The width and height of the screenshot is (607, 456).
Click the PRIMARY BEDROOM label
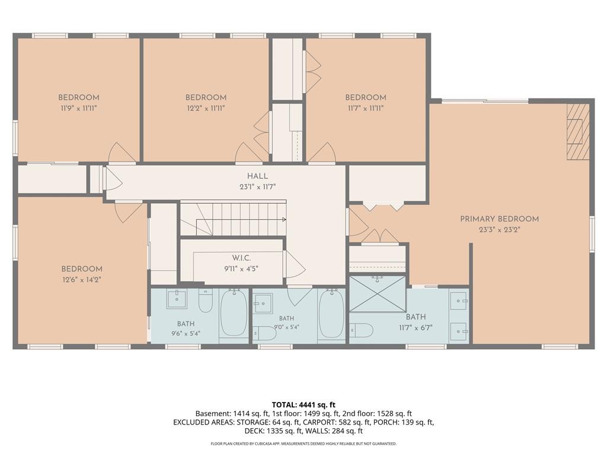coord(499,219)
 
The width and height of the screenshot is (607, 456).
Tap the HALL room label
coord(257,176)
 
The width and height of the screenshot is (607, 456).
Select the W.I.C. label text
coord(242,258)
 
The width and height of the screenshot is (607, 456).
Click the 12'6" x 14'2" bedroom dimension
coord(81,280)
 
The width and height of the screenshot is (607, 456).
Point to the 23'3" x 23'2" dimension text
coord(499,230)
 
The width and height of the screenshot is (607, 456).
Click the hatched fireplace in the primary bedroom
coord(578,132)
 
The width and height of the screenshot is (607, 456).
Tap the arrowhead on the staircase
coord(284,220)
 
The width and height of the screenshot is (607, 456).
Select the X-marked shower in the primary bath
coord(378,293)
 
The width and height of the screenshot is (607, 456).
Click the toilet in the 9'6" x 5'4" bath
coord(206,301)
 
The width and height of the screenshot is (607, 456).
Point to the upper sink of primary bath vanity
coord(459,301)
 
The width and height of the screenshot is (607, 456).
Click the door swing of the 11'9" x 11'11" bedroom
coord(122,152)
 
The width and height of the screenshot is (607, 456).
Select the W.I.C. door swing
coord(295,264)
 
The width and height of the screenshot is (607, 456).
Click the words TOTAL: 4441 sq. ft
coord(303,405)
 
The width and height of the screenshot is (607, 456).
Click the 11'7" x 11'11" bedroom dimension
coord(365,108)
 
